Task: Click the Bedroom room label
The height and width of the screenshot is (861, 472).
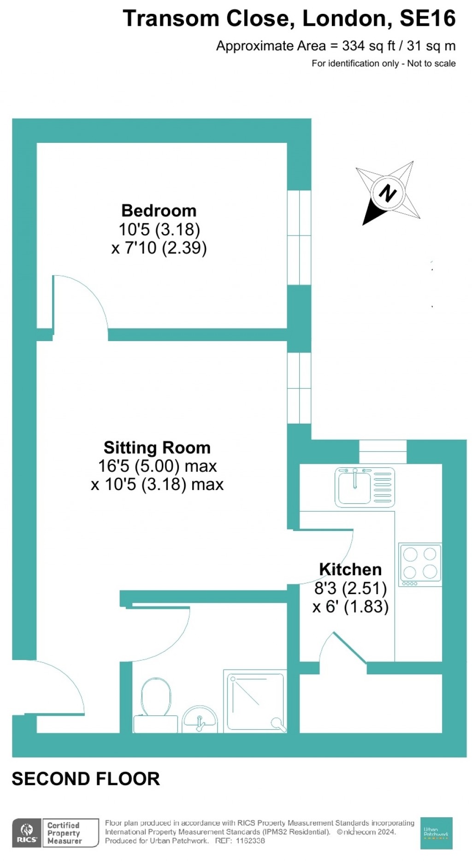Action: pyautogui.click(x=159, y=211)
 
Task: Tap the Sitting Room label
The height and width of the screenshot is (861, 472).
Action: pyautogui.click(x=157, y=448)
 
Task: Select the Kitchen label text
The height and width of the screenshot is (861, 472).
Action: pyautogui.click(x=350, y=569)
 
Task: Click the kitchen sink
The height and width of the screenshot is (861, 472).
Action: pyautogui.click(x=354, y=487)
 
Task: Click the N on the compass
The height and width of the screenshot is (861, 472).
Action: pyautogui.click(x=387, y=193)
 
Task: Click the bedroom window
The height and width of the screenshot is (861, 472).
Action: pyautogui.click(x=299, y=237)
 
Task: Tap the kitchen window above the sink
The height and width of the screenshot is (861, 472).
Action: pyautogui.click(x=383, y=452)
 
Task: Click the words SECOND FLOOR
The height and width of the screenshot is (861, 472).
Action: pyautogui.click(x=86, y=779)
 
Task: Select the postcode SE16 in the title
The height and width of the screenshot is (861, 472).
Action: pyautogui.click(x=427, y=19)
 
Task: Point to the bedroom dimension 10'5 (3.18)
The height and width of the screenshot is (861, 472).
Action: pyautogui.click(x=159, y=229)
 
